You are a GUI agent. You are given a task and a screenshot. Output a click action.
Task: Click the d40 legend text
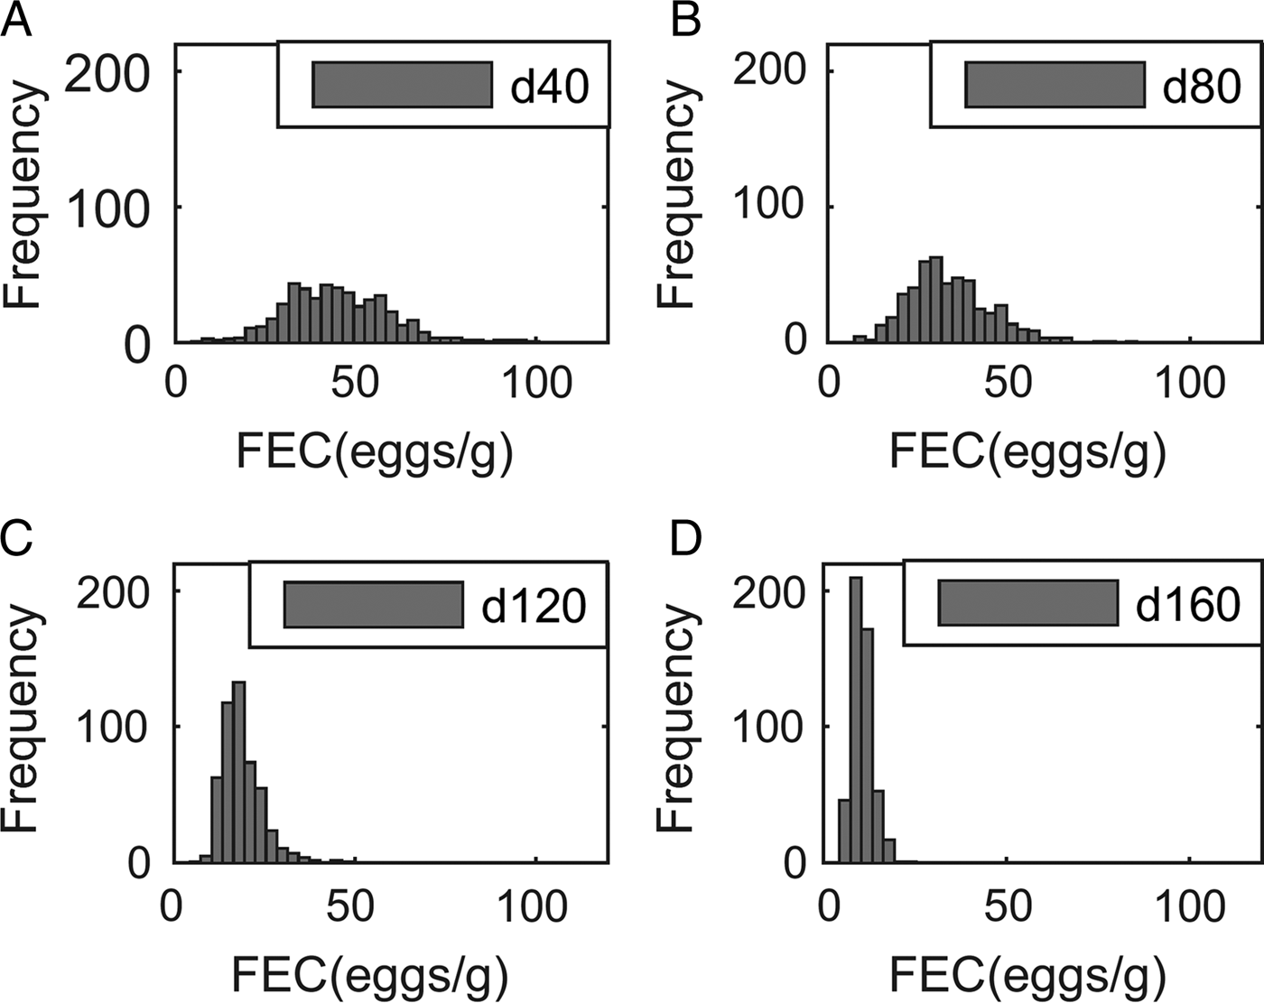[x=549, y=87]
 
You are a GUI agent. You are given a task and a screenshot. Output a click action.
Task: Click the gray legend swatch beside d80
[x=1054, y=85]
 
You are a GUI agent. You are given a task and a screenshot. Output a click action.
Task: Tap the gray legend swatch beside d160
[x=1027, y=603]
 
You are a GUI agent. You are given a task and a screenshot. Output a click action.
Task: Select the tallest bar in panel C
[x=239, y=772]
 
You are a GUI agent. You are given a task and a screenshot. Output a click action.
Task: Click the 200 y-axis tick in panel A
[x=107, y=72]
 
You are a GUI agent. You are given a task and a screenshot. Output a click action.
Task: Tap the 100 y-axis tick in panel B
[x=768, y=206]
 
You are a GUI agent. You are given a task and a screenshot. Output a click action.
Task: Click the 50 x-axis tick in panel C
[x=349, y=907]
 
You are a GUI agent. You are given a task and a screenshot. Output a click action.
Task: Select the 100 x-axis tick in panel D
[x=1189, y=907]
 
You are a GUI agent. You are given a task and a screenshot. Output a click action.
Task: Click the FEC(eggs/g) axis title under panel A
[x=375, y=451]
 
